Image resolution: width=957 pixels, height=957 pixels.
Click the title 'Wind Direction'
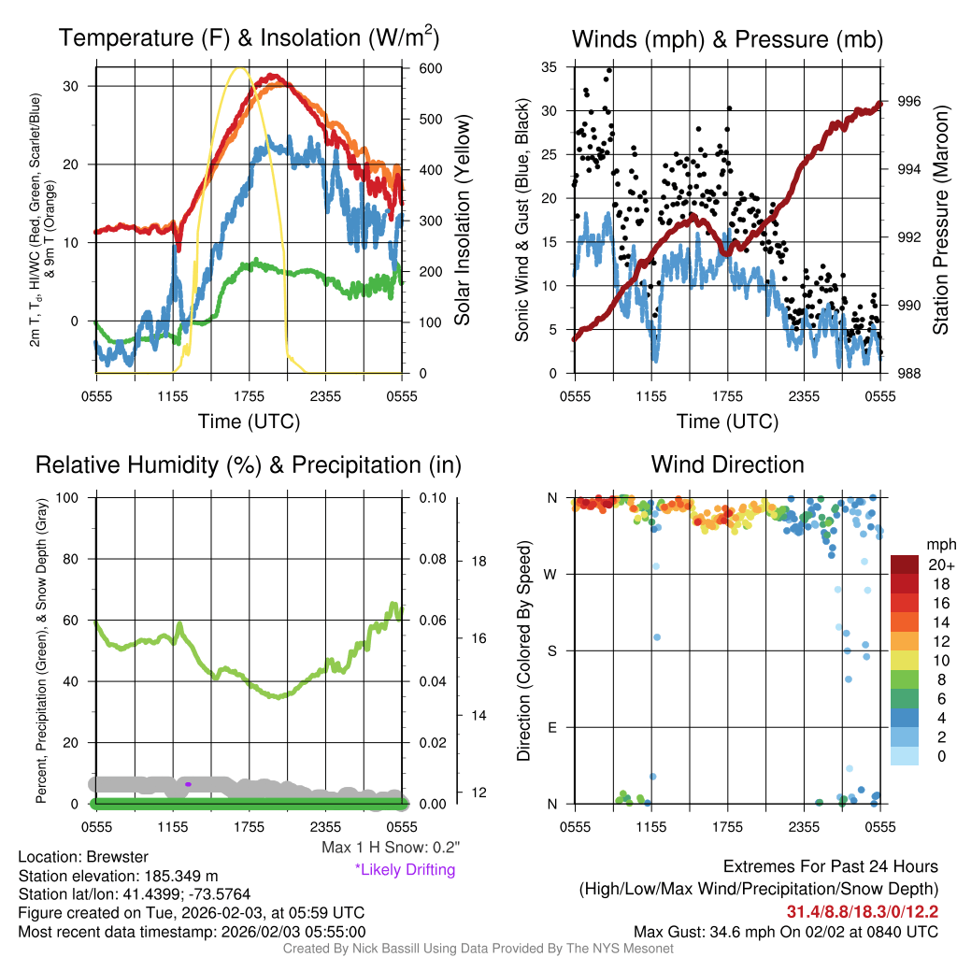click(727, 464)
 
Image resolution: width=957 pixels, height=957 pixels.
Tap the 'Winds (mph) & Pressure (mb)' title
click(727, 39)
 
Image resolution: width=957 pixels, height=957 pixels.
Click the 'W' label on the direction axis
click(551, 574)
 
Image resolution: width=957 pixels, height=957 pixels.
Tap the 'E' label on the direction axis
click(551, 727)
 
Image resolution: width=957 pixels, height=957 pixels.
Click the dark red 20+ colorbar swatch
click(905, 564)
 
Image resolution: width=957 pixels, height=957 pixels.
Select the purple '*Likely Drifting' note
click(405, 869)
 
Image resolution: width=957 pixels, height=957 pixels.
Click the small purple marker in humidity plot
click(188, 784)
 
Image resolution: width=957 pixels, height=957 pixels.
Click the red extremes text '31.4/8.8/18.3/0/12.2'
click(862, 911)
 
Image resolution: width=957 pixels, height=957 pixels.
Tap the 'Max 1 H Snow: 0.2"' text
click(390, 848)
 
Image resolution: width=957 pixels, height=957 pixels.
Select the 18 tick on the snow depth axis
click(478, 562)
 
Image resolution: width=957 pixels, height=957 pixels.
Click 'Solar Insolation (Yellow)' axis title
click(463, 220)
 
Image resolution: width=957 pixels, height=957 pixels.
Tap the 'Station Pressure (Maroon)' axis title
click(940, 220)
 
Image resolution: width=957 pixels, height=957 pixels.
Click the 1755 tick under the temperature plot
click(249, 396)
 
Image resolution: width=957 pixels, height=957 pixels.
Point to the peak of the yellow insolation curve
click(239, 68)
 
